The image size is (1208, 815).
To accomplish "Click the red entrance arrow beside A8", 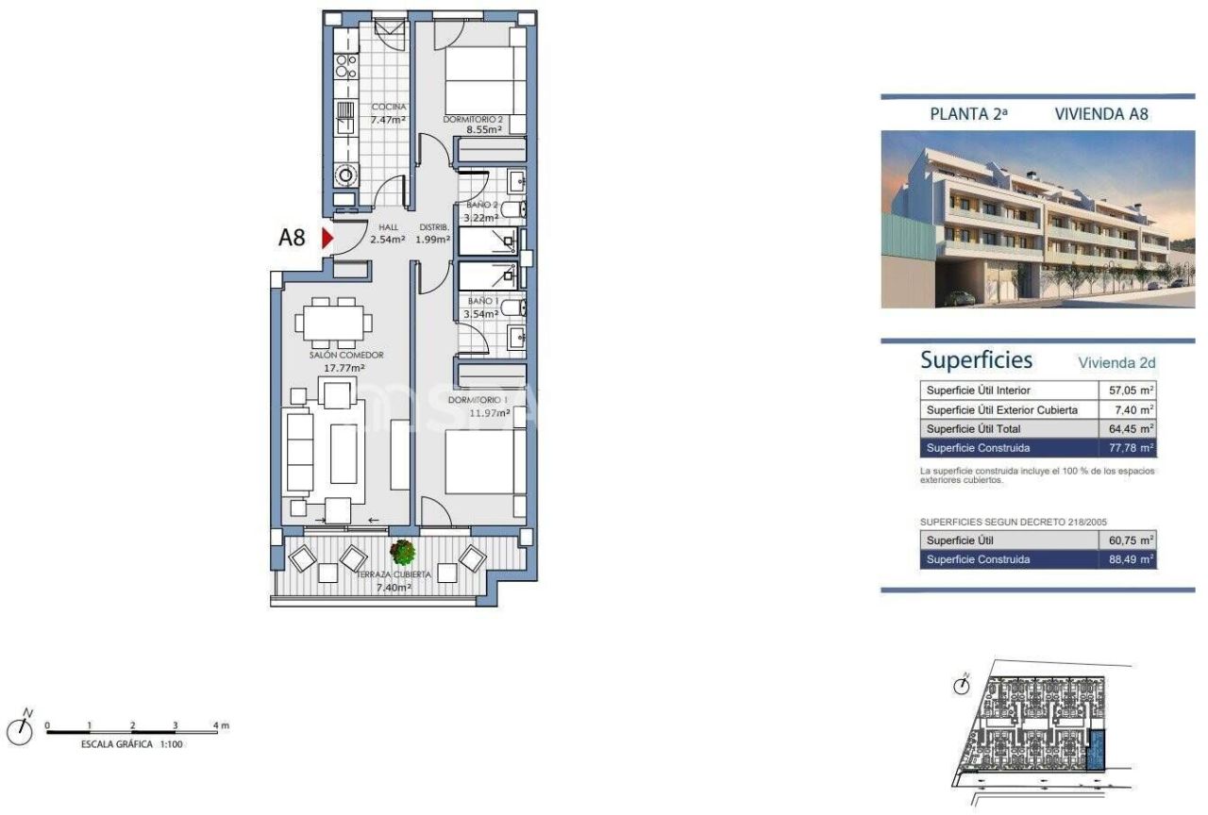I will pyautogui.click(x=327, y=239).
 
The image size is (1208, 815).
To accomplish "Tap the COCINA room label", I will pyautogui.click(x=388, y=107).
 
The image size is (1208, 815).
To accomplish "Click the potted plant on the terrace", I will pyautogui.click(x=403, y=552).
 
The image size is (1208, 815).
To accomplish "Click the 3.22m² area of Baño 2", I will pyautogui.click(x=482, y=217).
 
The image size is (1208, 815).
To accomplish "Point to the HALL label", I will pyautogui.click(x=389, y=227).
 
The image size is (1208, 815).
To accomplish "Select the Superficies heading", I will pyautogui.click(x=976, y=360).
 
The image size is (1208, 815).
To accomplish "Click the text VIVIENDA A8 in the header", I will pyautogui.click(x=1100, y=114).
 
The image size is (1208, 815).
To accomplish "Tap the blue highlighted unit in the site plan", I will pyautogui.click(x=1097, y=753).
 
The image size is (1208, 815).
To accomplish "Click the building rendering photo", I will pyautogui.click(x=1037, y=219).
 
